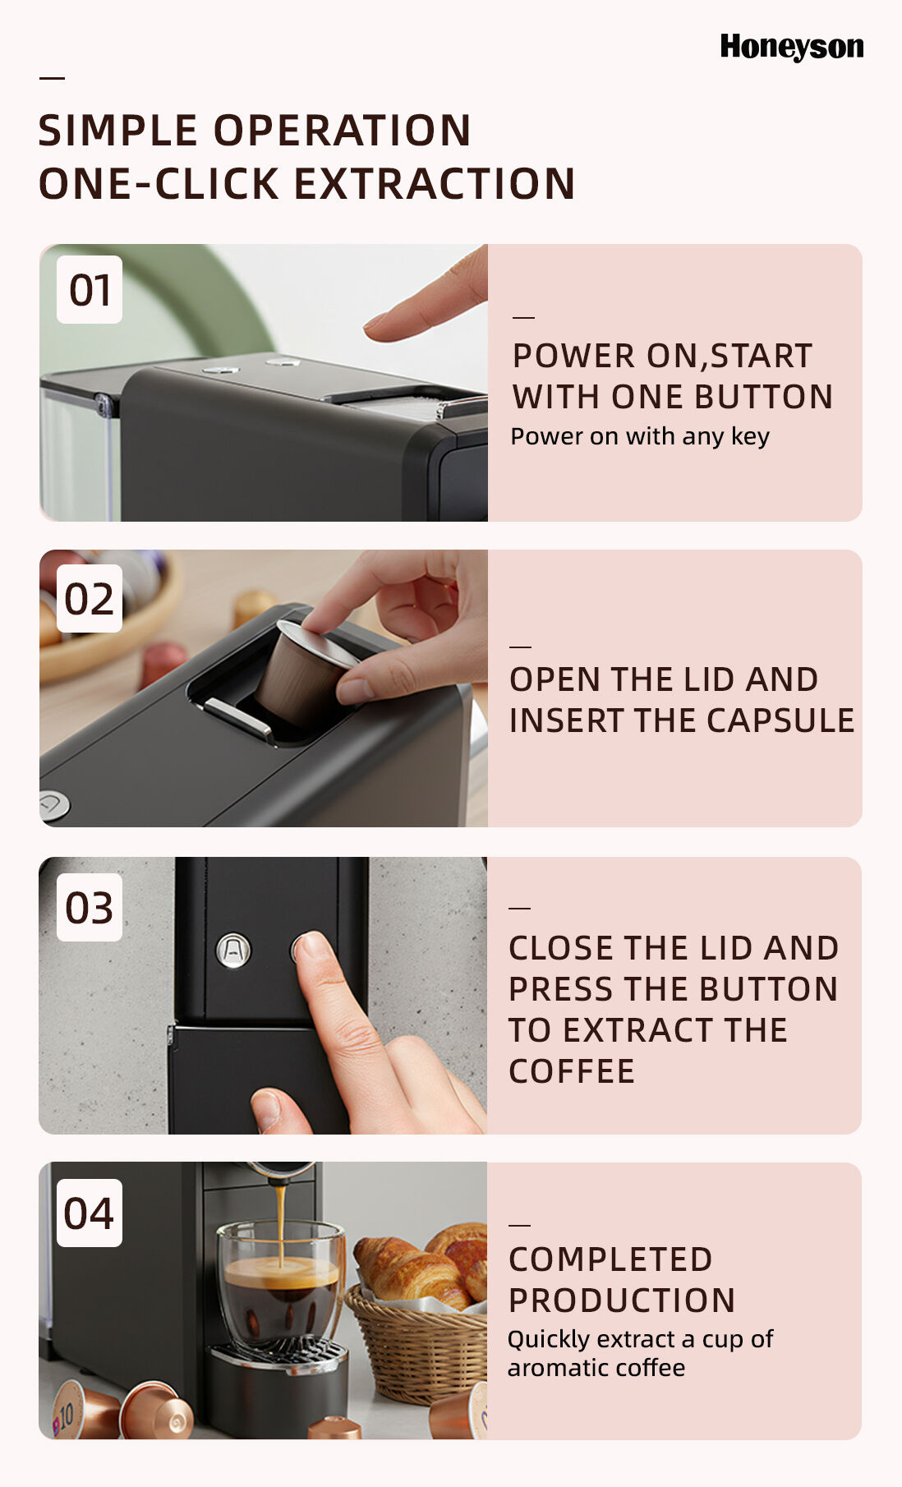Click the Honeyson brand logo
(792, 47)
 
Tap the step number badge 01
(90, 289)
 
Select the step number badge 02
(90, 599)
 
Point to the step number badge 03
(90, 907)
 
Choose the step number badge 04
(90, 1213)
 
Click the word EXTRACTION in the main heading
(435, 183)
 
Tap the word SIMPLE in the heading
(118, 131)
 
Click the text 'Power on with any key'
(640, 436)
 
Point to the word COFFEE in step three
(572, 1071)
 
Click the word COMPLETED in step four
(610, 1259)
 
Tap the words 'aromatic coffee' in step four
(596, 1368)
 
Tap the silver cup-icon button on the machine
(232, 951)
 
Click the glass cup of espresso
(281, 1283)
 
